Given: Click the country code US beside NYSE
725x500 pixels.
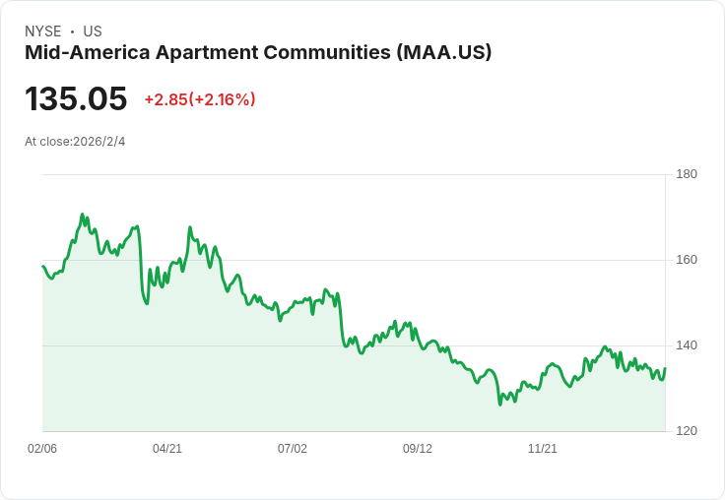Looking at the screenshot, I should click(x=93, y=31).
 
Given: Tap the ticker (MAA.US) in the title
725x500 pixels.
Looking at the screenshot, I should click(x=443, y=52).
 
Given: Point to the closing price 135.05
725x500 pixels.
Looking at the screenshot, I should click(x=76, y=99).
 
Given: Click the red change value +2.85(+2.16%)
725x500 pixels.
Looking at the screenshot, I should click(x=200, y=99).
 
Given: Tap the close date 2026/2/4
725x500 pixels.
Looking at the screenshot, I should click(x=99, y=142).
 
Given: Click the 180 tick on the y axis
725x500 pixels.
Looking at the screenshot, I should click(x=687, y=174).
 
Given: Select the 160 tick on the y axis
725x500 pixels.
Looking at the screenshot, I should click(x=687, y=260).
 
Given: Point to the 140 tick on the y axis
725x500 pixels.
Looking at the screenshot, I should click(x=687, y=345).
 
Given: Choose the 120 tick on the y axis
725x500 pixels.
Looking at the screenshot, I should click(x=687, y=431).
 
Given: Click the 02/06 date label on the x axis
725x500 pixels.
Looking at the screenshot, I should click(x=42, y=449).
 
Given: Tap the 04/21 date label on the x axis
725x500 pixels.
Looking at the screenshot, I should click(x=167, y=449).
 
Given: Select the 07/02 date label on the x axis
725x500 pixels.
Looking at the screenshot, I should click(x=293, y=449).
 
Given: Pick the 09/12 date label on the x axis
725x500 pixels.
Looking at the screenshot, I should click(x=418, y=449).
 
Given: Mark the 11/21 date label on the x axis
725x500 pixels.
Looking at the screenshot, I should click(x=543, y=449).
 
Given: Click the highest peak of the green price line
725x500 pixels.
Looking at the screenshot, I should click(x=83, y=215).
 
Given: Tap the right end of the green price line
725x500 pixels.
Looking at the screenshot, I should click(x=665, y=369).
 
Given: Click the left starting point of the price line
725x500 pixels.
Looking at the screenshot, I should click(x=43, y=267).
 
